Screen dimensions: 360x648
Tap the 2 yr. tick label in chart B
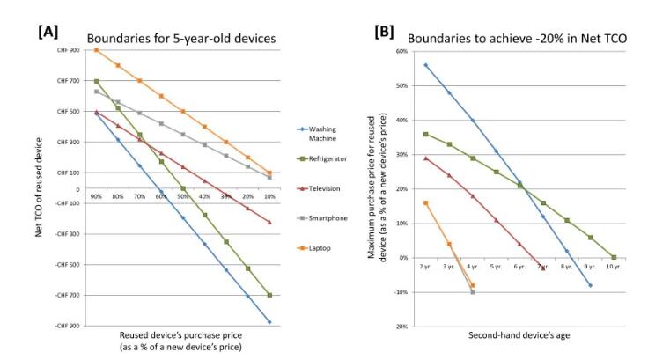(425, 265)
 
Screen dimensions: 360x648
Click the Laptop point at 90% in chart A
(96, 50)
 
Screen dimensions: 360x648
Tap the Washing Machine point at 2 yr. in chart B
(426, 65)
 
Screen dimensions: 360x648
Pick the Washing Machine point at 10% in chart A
(269, 322)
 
